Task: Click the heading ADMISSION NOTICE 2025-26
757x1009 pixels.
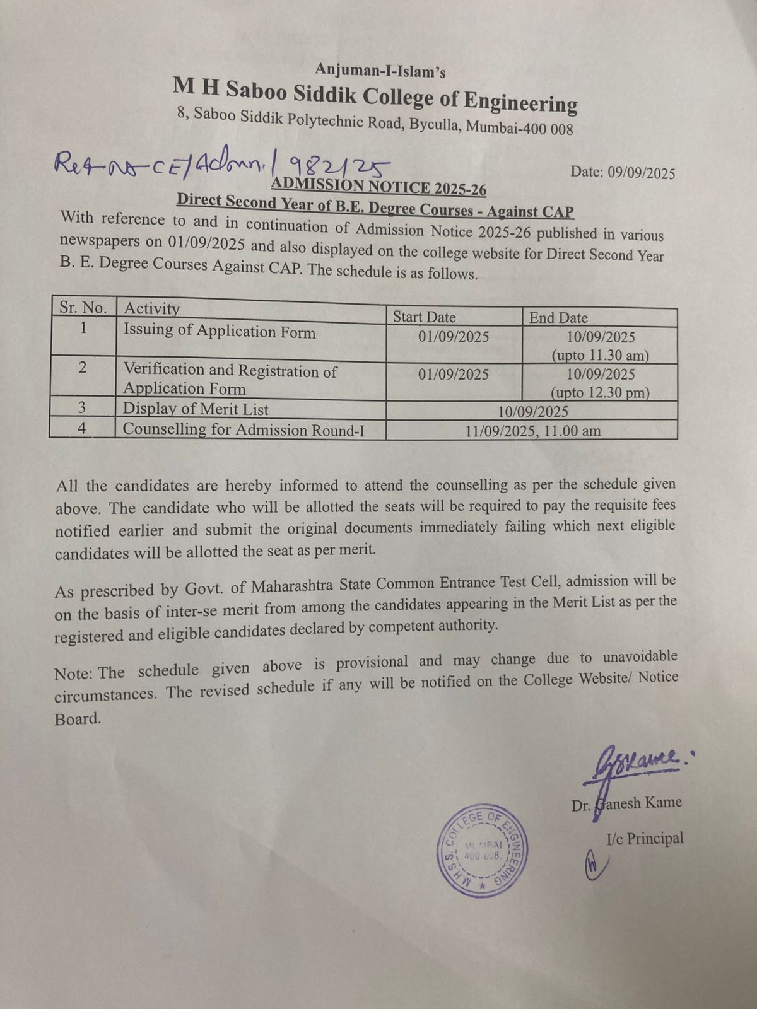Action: (378, 187)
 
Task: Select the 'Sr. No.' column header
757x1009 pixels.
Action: (83, 308)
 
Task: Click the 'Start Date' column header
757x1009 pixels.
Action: (424, 317)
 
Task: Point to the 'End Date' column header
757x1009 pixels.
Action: (558, 318)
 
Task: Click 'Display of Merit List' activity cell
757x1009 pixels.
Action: (196, 409)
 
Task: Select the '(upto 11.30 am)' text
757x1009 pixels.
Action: (600, 356)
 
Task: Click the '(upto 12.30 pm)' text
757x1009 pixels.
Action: (600, 393)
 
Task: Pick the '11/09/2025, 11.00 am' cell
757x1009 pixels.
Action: (533, 431)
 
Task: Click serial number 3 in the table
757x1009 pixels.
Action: (82, 408)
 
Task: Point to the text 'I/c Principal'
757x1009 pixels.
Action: (645, 839)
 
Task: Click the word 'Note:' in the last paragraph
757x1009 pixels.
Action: (74, 673)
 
